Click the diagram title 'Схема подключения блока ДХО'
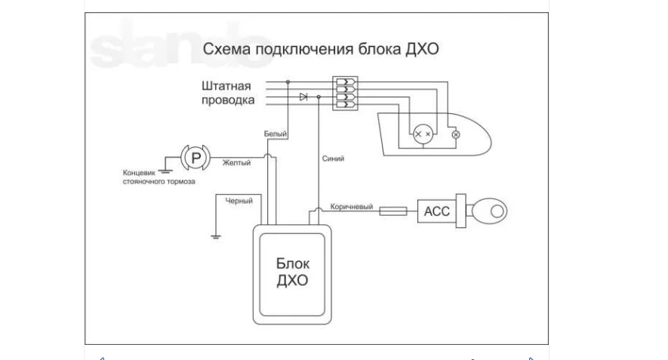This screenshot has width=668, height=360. tap(320, 50)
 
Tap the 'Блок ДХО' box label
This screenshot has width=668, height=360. tap(294, 272)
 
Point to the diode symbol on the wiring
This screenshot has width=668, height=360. tap(303, 97)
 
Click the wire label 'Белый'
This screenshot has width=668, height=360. tap(275, 134)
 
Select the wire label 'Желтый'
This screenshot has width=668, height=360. tap(236, 162)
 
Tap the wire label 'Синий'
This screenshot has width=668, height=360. tap(333, 159)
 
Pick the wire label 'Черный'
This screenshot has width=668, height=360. tap(239, 201)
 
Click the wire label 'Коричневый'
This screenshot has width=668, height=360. tap(352, 206)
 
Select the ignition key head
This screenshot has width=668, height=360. tap(492, 211)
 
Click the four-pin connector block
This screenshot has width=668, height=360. tap(345, 93)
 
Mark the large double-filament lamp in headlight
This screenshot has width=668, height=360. tap(422, 134)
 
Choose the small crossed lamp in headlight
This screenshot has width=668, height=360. tap(455, 134)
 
